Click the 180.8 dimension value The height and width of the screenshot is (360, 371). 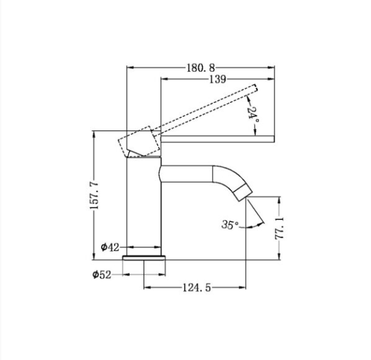tap(201, 68)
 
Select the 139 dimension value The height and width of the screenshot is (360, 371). tap(217, 79)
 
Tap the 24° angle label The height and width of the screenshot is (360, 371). tap(253, 114)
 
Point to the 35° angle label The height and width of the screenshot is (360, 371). tap(230, 225)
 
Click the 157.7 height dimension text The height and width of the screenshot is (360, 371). tap(94, 195)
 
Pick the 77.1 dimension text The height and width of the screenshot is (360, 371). tap(279, 228)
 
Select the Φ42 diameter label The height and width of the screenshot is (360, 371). tap(110, 247)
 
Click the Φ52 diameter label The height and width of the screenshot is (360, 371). tap(101, 275)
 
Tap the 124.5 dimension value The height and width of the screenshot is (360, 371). tap(197, 288)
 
